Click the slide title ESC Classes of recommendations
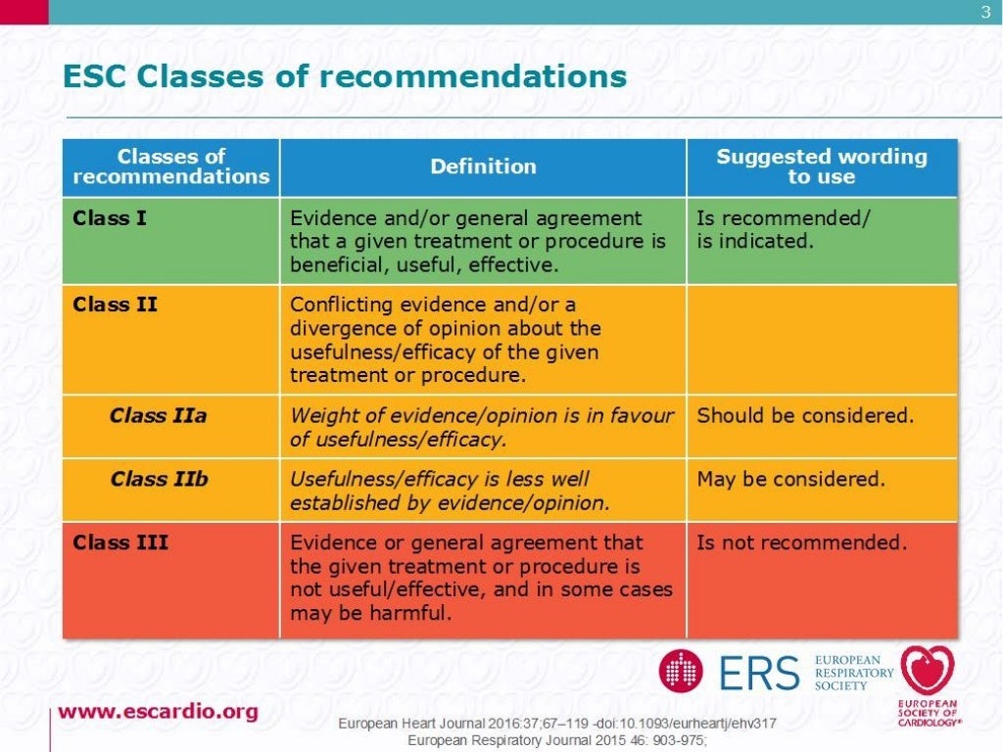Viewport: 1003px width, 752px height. click(x=345, y=76)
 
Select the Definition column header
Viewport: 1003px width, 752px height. click(x=483, y=166)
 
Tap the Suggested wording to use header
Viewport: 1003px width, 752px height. click(x=821, y=166)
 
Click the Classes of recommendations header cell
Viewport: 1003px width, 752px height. click(x=170, y=166)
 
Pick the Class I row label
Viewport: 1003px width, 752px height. click(x=110, y=218)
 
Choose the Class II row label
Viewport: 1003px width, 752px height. click(x=115, y=305)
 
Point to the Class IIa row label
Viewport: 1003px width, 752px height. click(x=159, y=416)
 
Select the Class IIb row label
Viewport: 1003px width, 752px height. click(x=159, y=480)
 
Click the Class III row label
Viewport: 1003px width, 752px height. click(x=120, y=542)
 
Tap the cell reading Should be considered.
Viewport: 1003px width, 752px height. click(x=805, y=416)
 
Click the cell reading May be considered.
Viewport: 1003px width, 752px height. click(x=790, y=480)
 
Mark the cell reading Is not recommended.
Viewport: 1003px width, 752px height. click(x=801, y=542)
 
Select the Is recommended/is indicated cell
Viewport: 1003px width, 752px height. click(x=782, y=229)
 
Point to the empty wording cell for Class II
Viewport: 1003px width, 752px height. click(x=821, y=339)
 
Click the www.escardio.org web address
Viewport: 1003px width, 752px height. click(x=158, y=712)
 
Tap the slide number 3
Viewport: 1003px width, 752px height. click(x=985, y=12)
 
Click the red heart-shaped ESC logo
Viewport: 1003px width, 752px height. click(x=928, y=672)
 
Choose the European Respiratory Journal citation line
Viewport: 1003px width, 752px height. click(x=557, y=739)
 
